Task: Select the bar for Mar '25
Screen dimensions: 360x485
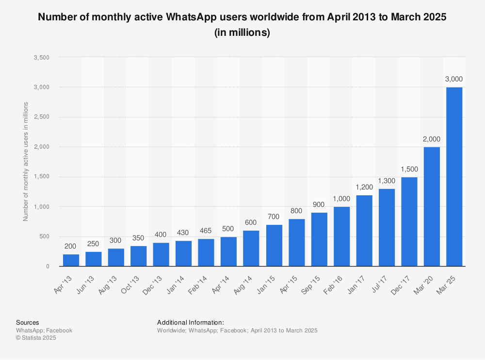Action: coord(454,177)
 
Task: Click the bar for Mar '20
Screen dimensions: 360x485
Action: coord(432,206)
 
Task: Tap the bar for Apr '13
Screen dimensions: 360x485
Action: coord(71,260)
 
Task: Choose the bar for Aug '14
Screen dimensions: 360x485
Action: coord(251,248)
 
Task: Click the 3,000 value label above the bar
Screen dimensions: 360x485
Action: coord(454,79)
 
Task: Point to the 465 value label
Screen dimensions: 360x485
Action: coord(206,231)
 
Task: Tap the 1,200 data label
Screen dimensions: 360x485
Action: coord(364,187)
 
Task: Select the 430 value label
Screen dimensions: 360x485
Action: coord(183,233)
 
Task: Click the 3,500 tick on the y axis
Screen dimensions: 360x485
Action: coord(41,57)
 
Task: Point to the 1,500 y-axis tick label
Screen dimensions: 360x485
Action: coord(41,177)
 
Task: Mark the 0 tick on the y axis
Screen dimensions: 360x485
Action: coord(48,266)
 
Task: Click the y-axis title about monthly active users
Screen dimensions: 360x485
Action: coord(26,161)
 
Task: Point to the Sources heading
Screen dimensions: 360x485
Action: coord(28,322)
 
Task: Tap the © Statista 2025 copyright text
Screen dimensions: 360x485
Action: coord(36,338)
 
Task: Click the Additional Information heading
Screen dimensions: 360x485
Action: coord(191,322)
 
